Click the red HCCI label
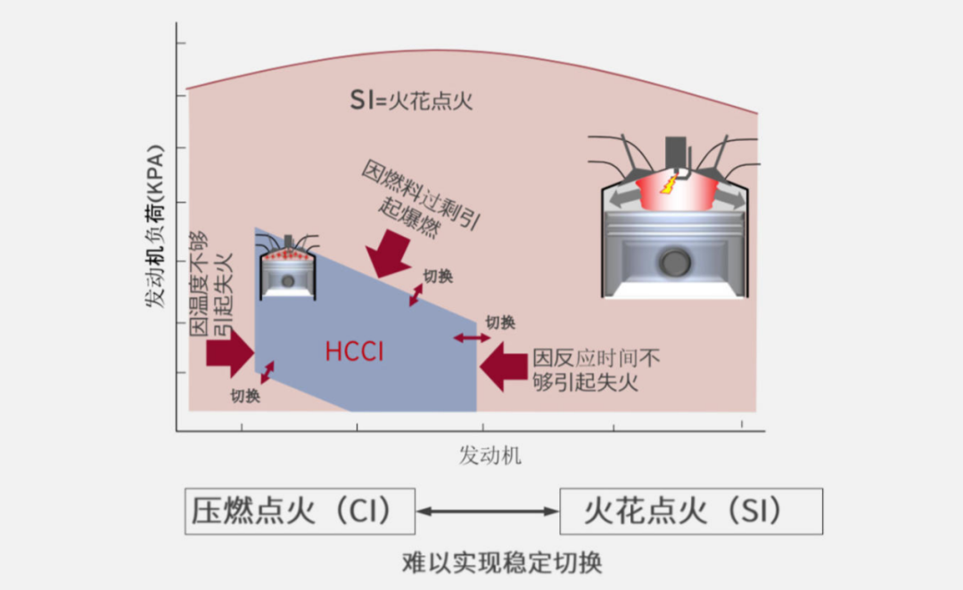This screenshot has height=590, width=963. tap(354, 352)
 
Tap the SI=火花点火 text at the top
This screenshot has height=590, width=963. tap(411, 100)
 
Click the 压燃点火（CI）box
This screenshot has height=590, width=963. tap(300, 511)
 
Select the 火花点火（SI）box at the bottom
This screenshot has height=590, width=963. tap(691, 511)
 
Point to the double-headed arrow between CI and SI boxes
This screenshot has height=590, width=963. tap(488, 511)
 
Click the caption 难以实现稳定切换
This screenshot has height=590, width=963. tap(502, 562)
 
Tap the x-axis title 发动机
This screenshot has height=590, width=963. tap(490, 455)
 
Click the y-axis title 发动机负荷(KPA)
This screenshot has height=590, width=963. tap(155, 226)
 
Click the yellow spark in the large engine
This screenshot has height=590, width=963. tap(669, 184)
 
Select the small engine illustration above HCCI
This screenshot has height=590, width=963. tap(288, 268)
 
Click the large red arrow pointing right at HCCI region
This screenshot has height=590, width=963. tap(230, 353)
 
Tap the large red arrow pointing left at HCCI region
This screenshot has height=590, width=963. tap(504, 367)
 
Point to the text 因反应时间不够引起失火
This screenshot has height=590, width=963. tap(596, 370)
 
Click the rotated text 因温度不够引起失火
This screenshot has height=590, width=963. tap(210, 284)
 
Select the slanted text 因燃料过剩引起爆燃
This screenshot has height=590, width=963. tap(420, 198)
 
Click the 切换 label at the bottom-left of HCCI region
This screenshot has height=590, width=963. tap(245, 396)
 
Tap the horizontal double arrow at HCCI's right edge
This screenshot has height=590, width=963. tap(472, 338)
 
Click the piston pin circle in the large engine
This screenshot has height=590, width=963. tap(675, 262)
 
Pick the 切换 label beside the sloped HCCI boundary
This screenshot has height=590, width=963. tap(438, 277)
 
